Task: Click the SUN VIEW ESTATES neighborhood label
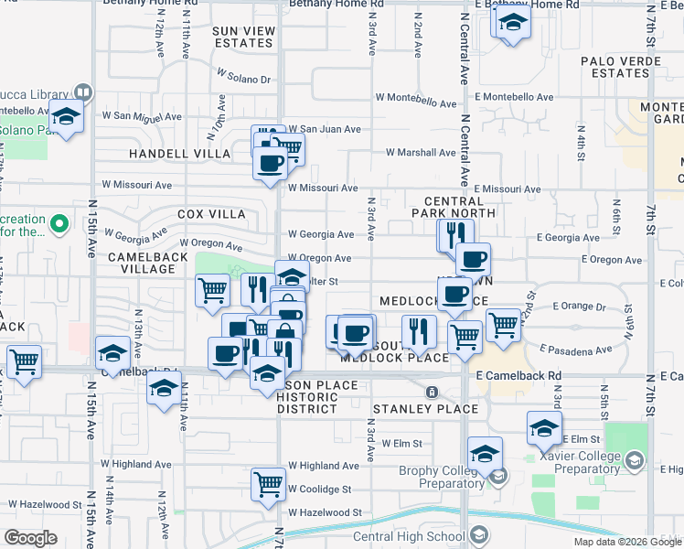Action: point(244,37)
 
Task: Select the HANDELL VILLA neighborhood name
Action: point(179,154)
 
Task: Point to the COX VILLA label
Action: point(211,214)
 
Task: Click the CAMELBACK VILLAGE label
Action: point(153,258)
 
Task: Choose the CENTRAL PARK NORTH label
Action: point(459,207)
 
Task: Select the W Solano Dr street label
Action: point(244,79)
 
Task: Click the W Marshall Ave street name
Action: point(421,153)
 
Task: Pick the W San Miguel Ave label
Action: point(143,116)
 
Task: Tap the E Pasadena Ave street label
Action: point(575,350)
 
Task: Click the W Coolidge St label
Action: point(320,490)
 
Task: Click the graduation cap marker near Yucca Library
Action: point(66,116)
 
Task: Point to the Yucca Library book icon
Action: point(82,92)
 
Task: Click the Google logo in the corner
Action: point(31,538)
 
